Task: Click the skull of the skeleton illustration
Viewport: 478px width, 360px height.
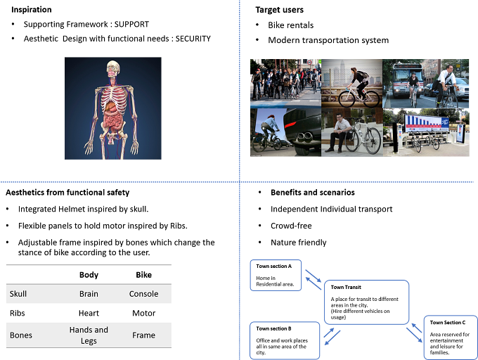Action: pos(112,69)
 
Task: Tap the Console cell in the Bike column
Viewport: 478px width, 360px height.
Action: pos(143,294)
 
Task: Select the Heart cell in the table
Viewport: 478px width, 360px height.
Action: pos(89,313)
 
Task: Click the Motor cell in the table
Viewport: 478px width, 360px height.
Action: pos(143,313)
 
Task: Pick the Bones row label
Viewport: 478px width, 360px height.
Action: pos(20,335)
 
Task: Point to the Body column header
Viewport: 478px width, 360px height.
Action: pos(89,275)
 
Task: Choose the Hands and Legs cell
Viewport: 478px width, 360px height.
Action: pos(89,335)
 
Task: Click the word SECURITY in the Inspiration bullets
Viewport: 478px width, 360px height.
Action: pos(193,39)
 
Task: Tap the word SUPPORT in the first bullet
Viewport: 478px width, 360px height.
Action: pos(131,25)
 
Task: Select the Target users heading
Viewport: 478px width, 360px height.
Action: pos(280,10)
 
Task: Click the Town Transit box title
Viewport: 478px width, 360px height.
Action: pos(346,287)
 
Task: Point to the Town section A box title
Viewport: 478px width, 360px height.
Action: pos(273,266)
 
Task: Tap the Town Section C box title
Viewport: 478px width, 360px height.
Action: pos(448,323)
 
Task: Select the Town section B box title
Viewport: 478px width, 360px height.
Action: pos(273,328)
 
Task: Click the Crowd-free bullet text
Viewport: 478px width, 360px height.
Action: pos(291,226)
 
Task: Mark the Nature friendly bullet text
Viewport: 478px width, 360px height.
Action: pos(299,243)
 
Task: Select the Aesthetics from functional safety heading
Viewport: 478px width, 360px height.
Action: pos(67,193)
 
